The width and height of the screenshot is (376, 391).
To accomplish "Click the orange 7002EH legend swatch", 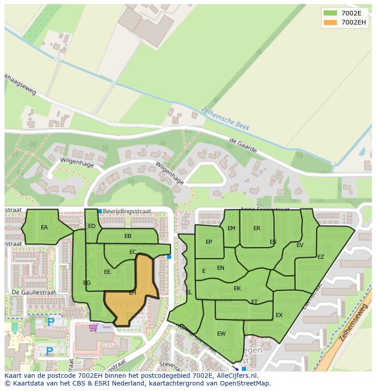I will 331,22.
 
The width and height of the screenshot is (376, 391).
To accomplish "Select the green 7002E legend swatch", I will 331,13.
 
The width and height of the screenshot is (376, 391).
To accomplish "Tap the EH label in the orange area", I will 133,293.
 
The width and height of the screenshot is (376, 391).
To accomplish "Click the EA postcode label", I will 44,228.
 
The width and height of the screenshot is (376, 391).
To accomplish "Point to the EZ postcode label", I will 321,257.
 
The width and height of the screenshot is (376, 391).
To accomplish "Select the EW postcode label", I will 221,334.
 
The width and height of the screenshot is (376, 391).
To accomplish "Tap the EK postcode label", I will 237,288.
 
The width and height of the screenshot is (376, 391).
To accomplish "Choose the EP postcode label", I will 209,242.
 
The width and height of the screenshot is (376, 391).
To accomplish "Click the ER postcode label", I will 257,228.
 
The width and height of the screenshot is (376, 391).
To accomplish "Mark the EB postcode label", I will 128,236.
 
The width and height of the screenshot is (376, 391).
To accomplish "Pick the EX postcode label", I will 279,315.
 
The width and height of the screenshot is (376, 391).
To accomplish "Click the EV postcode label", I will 300,245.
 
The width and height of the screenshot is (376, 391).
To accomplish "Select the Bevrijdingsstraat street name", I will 127,211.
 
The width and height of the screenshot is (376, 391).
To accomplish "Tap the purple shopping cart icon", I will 94,327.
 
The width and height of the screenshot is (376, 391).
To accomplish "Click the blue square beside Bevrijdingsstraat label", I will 100,211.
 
